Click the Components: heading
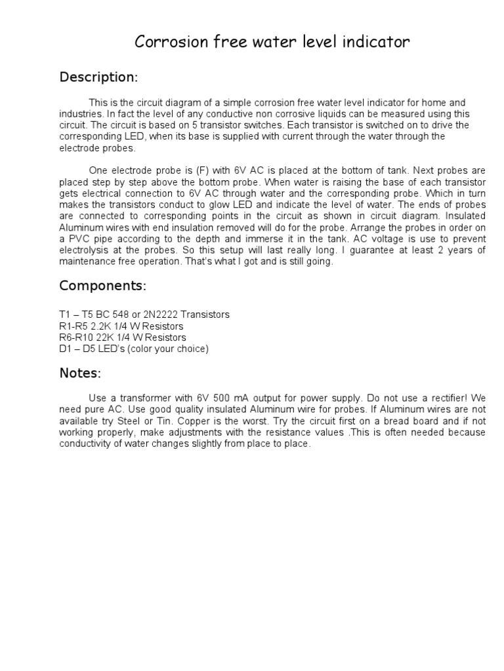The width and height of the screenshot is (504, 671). (102, 286)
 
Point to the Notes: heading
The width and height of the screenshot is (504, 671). (80, 373)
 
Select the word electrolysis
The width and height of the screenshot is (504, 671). (87, 250)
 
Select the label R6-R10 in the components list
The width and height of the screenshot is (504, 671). (75, 337)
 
